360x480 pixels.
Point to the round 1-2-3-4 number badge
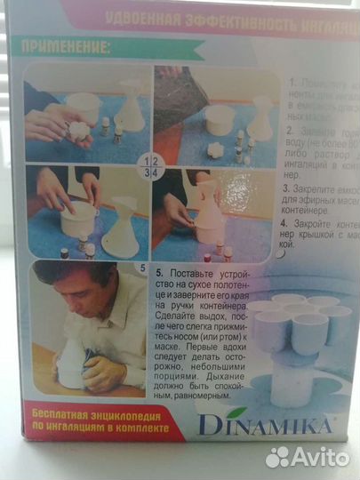click(152, 166)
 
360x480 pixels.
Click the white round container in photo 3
click(77, 218)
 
